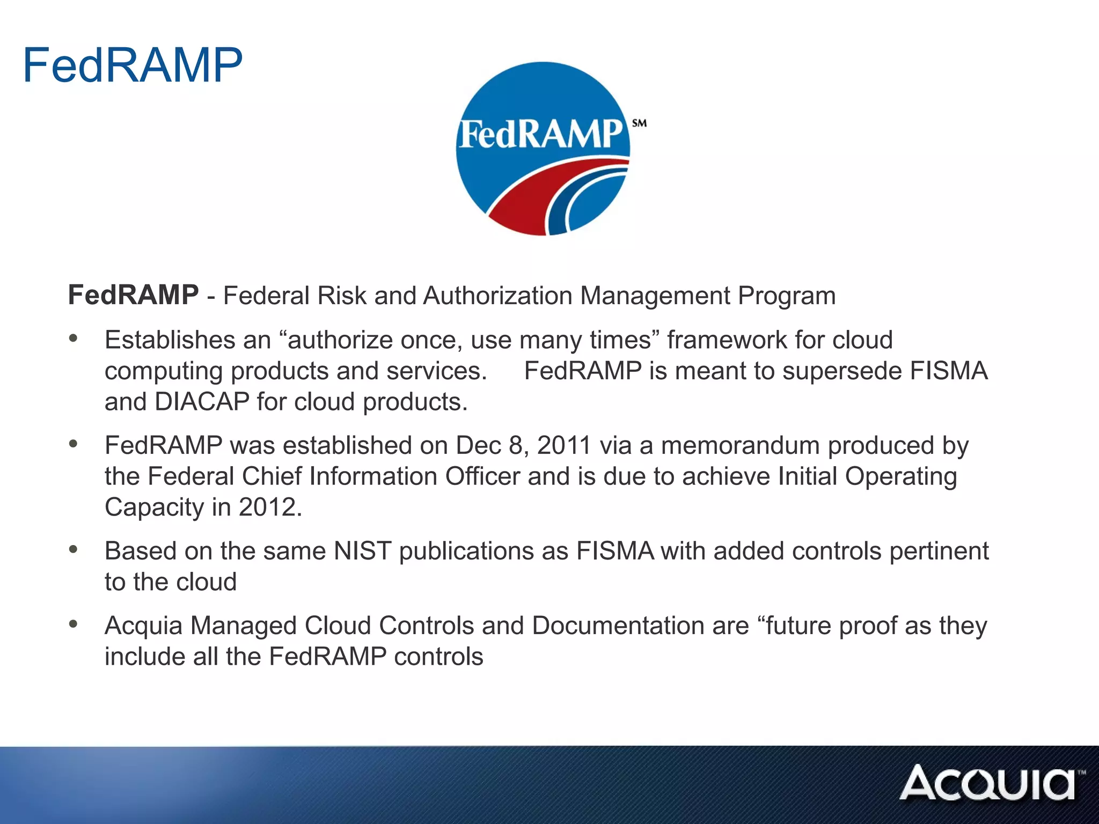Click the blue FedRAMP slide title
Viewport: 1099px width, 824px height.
(x=133, y=65)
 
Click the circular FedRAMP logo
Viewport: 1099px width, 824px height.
(x=543, y=149)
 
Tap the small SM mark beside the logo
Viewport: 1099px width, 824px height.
(x=639, y=123)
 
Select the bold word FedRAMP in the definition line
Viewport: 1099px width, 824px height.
(x=133, y=295)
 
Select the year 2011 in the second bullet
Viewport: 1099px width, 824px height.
(x=563, y=446)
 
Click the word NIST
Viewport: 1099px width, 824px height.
(x=362, y=551)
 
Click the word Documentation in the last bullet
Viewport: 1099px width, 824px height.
(x=640, y=626)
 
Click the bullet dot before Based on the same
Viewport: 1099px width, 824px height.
(x=74, y=549)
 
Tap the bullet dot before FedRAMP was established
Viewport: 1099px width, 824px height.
(x=74, y=443)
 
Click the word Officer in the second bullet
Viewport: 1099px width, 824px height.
(x=482, y=476)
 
